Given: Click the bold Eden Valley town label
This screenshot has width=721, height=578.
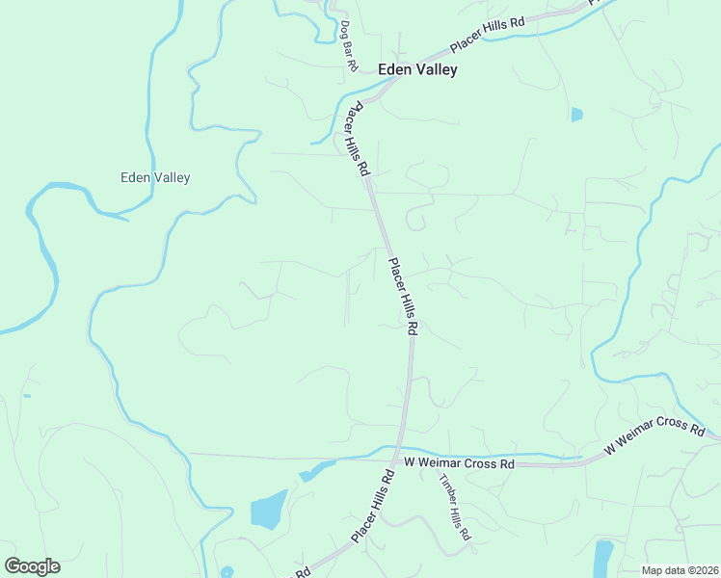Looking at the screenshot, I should [417, 69].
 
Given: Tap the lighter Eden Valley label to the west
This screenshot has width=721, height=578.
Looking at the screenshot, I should [155, 177].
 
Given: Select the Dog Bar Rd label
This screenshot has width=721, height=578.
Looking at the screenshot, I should [349, 46].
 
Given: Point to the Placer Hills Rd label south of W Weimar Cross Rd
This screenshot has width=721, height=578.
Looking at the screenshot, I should [374, 506].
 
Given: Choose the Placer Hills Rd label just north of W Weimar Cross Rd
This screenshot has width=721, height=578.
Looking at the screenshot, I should [403, 295].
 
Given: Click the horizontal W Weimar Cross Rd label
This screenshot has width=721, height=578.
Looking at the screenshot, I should [460, 463].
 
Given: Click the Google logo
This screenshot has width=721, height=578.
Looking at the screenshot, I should [32, 566].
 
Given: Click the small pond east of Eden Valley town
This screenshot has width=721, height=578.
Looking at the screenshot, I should [576, 115].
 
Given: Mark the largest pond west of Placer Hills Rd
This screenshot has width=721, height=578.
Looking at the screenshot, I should [269, 510].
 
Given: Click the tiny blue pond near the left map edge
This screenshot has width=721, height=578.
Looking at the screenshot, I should [26, 396].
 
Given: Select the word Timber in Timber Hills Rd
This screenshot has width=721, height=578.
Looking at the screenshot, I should [446, 490].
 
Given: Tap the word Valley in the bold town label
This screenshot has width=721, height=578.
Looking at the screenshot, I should [437, 69].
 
